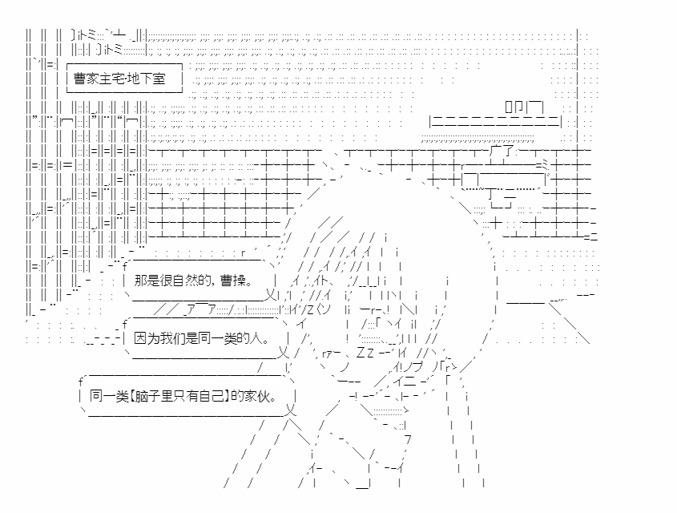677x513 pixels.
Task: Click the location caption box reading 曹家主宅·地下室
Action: [x=124, y=79]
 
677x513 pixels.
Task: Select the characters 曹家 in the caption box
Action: [x=87, y=79]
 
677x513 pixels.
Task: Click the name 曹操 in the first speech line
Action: [x=235, y=281]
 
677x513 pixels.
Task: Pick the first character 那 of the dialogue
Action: [x=141, y=281]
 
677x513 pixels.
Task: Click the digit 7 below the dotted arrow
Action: [x=408, y=438]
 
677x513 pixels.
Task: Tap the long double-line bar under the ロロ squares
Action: [x=497, y=121]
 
